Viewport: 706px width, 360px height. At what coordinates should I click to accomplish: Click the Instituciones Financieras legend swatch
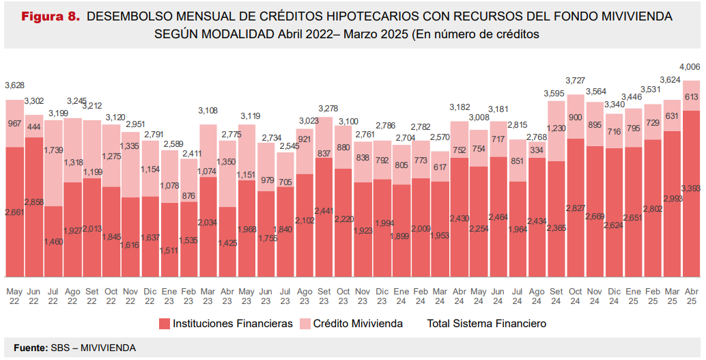[x=164, y=323]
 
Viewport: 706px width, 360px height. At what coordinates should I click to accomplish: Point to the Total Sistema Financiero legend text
[x=486, y=323]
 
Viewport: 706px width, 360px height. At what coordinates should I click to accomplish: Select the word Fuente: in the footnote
[x=31, y=348]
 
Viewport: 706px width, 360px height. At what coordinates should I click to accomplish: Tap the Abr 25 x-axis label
[x=691, y=296]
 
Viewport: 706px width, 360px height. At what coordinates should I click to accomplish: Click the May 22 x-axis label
[x=14, y=296]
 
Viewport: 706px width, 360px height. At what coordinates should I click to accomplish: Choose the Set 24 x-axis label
[x=556, y=296]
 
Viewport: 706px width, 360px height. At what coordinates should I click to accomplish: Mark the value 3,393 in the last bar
[x=691, y=189]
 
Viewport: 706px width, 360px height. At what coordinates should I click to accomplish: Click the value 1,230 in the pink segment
[x=556, y=128]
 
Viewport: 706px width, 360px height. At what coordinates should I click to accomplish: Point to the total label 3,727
[x=576, y=81]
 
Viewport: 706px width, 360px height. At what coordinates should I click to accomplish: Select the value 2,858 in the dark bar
[x=34, y=203]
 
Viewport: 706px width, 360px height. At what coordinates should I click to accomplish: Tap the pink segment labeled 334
[x=537, y=149]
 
